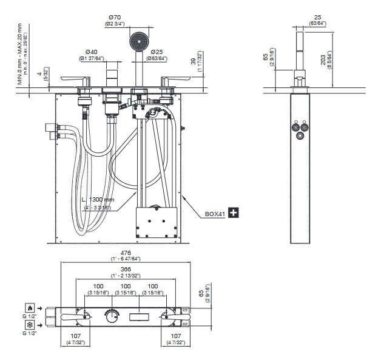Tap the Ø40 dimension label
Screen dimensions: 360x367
[x=92, y=51]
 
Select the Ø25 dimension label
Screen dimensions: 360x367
[x=158, y=51]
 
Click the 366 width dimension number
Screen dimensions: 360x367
[x=126, y=268]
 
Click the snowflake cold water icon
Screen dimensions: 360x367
[x=29, y=325]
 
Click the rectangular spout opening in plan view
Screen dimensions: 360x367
[x=141, y=316]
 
